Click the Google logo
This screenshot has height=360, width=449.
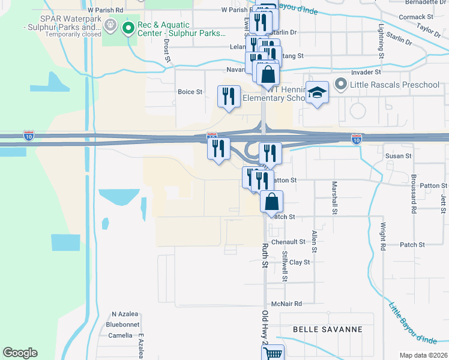pos(20,353)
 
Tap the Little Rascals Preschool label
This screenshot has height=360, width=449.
pos(396,84)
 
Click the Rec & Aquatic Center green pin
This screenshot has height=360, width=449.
pos(127,28)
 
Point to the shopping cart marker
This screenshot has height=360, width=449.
pos(273,353)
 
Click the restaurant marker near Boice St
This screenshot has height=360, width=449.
pos(229,97)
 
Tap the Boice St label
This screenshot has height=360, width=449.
pos(190,92)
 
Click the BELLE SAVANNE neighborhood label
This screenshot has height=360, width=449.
pos(328,329)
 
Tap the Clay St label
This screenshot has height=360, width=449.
pos(300,262)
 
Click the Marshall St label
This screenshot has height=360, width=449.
pos(334,197)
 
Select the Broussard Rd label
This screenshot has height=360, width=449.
pos(414,194)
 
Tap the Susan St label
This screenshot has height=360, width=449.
pos(399,155)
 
